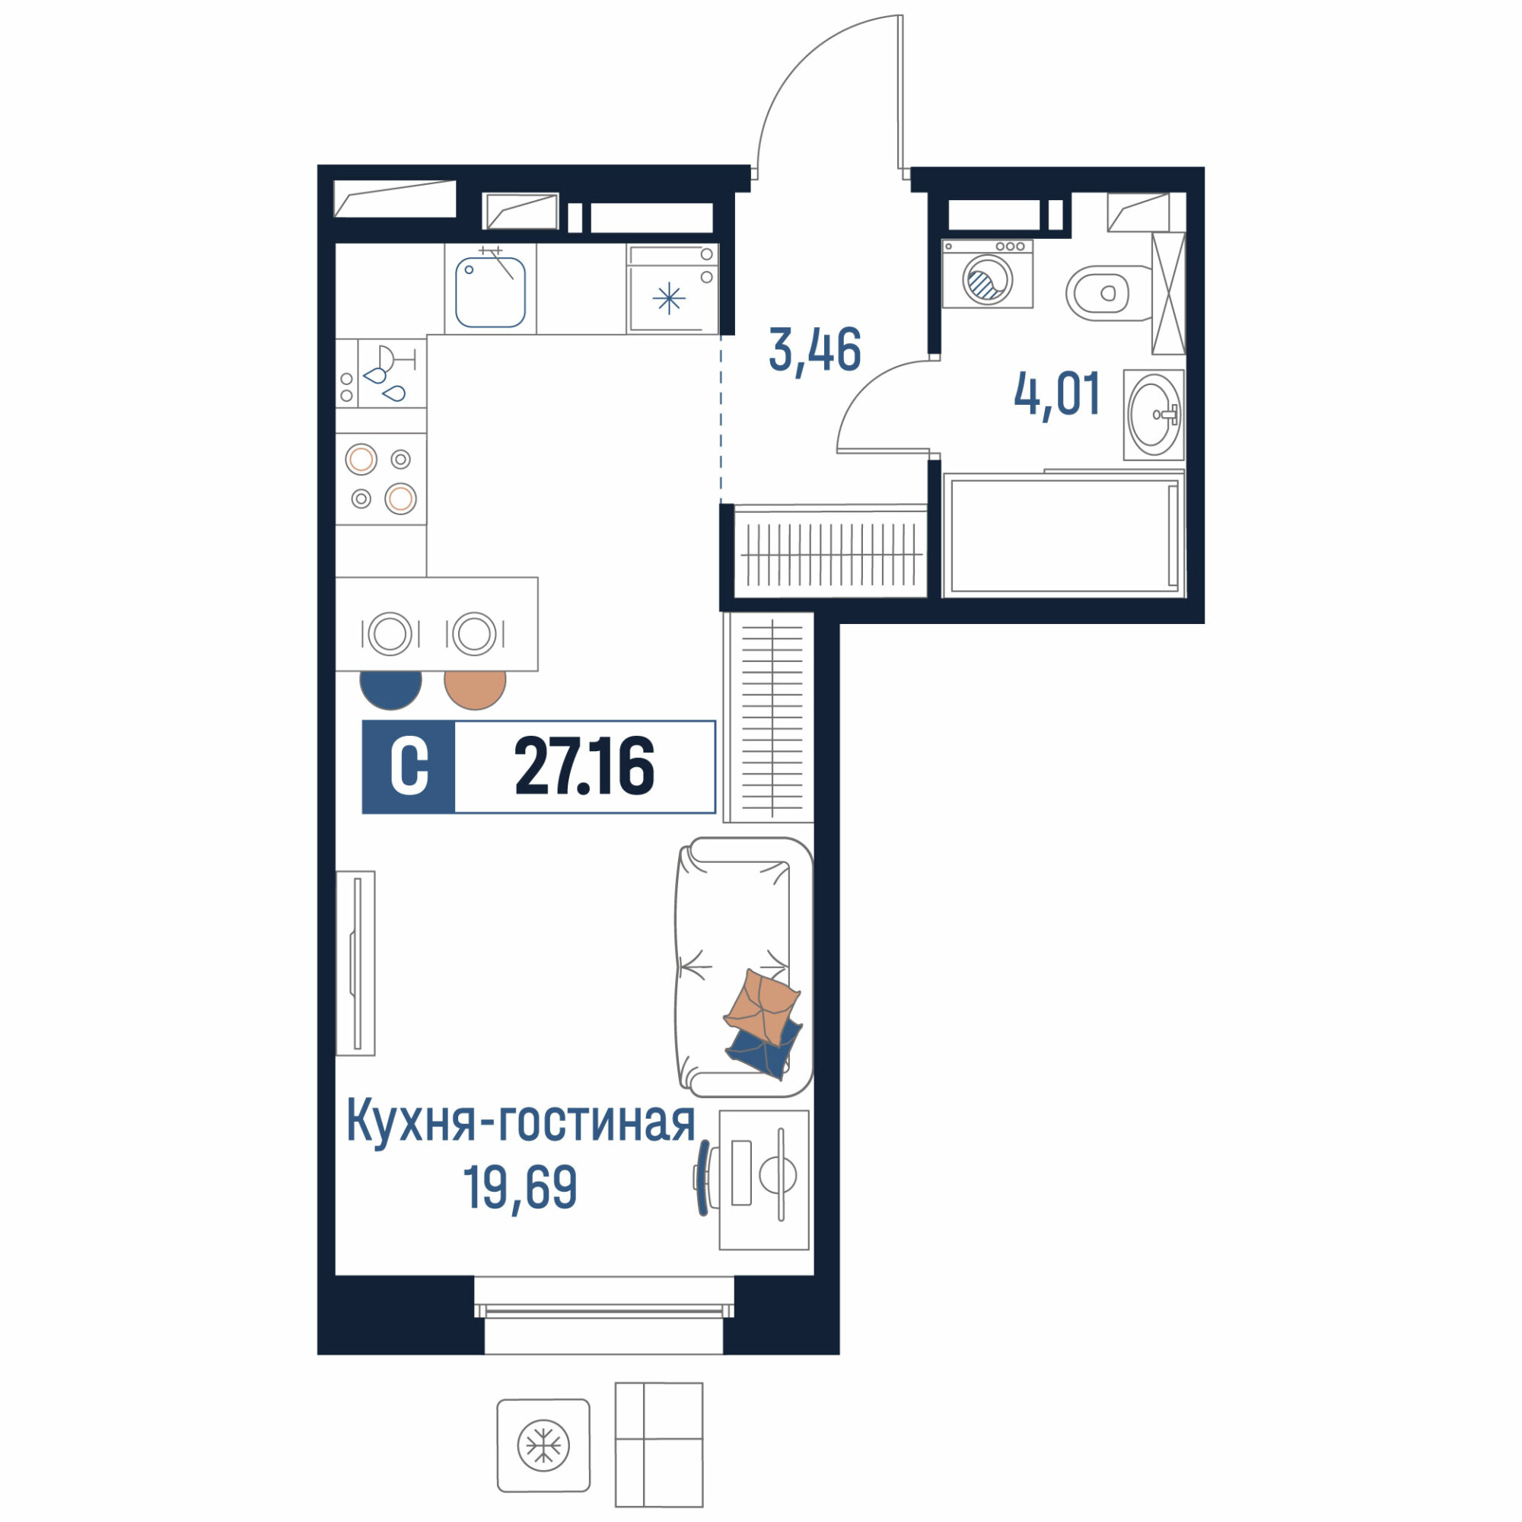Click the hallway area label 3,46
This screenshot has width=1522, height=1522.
tap(814, 351)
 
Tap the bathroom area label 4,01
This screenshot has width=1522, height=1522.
tap(1056, 395)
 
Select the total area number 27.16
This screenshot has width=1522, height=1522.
tap(584, 766)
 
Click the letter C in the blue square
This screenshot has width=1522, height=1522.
tap(409, 766)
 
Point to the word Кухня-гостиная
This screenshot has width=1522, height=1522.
tap(521, 1122)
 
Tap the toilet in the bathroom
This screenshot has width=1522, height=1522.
tap(1106, 293)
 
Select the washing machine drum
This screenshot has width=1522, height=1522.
tap(987, 279)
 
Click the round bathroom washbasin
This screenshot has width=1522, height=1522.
tap(1154, 415)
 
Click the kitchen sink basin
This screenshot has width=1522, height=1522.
tap(490, 292)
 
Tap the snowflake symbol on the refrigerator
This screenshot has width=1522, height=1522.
tap(669, 298)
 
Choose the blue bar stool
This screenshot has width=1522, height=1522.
tap(390, 689)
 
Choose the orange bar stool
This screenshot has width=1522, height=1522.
tap(475, 689)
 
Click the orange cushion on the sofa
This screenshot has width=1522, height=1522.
tap(762, 1006)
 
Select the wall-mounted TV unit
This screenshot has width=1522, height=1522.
tap(355, 963)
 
